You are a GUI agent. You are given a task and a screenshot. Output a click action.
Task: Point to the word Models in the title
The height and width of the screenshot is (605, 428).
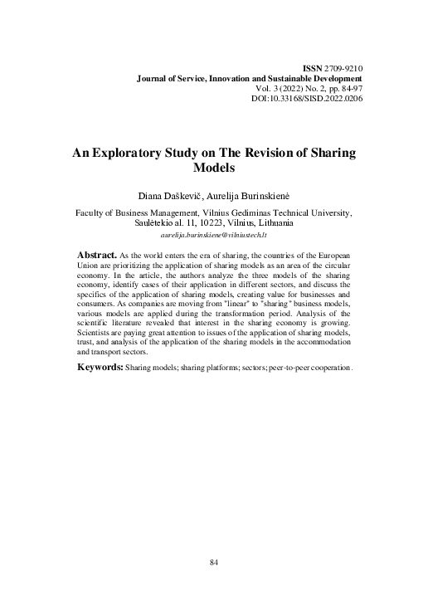[214, 168]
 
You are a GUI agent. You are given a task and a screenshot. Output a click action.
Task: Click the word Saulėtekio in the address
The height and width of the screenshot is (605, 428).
[156, 223]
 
